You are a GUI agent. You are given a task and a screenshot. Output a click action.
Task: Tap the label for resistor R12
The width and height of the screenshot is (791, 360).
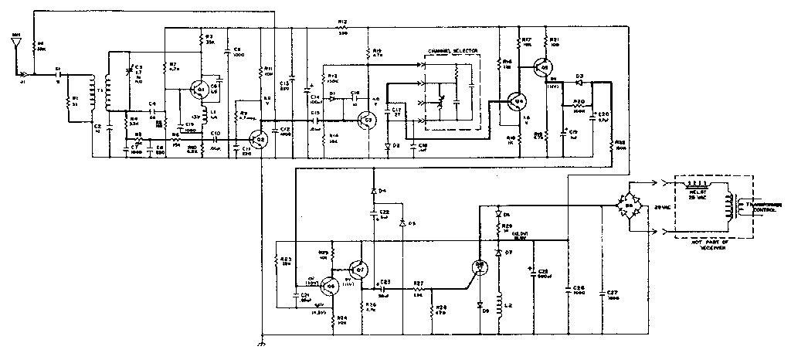point(342,22)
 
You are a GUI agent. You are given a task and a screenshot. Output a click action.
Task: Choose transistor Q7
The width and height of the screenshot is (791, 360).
point(358,268)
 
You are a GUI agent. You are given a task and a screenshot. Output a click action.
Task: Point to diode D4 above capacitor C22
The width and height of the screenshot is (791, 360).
point(374,190)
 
